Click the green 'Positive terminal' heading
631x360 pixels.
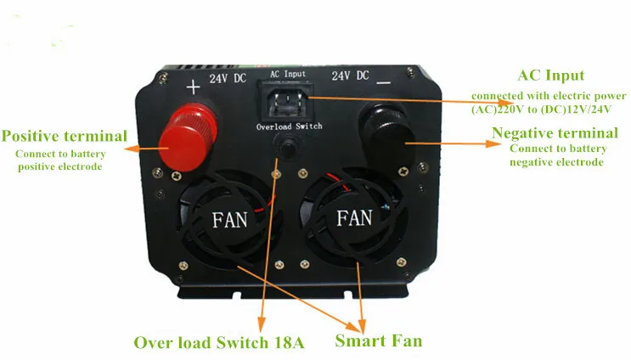coord(65,136)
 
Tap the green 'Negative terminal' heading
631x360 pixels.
coord(555,133)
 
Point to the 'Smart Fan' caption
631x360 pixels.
coord(378,341)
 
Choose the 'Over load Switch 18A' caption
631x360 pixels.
coord(219,342)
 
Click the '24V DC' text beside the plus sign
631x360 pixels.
coord(228,78)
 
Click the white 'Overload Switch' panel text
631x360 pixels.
coord(289,127)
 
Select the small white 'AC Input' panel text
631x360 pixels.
coord(287,74)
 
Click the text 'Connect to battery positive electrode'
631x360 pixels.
coord(70,160)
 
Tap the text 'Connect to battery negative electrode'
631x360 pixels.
coord(557,155)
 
